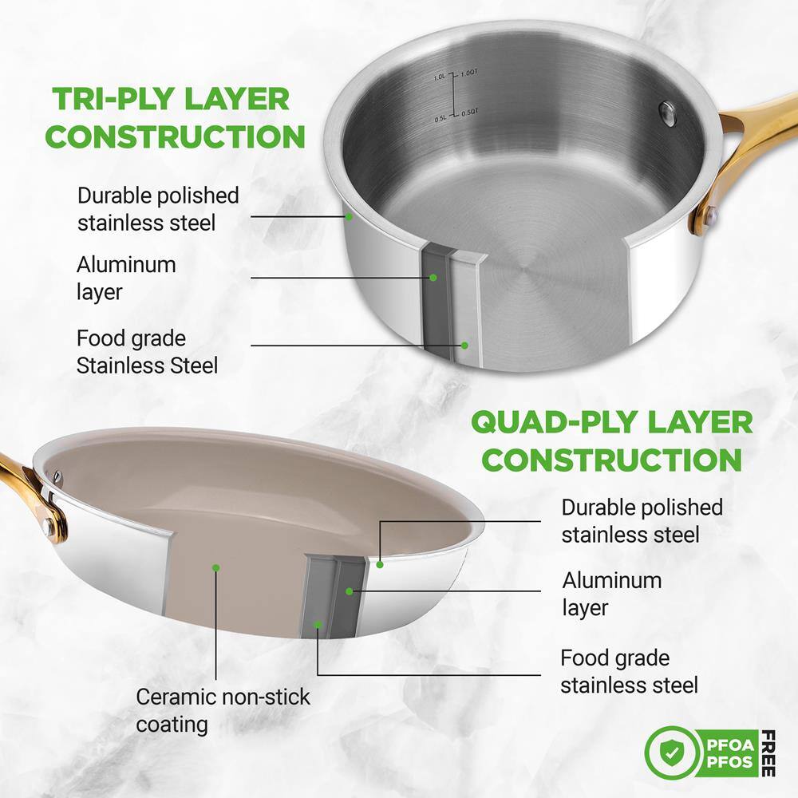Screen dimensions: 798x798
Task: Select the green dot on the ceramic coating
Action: click(215, 567)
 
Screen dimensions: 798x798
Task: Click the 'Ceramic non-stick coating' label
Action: click(223, 710)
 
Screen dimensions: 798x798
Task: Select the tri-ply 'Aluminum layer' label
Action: click(126, 278)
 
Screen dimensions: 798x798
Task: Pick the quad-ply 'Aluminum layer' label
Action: click(612, 594)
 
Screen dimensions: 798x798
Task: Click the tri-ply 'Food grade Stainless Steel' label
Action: click(147, 352)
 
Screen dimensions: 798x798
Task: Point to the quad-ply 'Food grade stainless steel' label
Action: click(629, 671)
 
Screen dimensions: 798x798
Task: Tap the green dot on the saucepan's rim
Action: click(350, 215)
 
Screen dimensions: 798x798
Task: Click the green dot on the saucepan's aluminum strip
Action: click(433, 278)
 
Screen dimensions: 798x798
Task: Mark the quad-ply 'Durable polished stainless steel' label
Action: click(642, 520)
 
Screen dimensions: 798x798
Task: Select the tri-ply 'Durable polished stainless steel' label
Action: click(158, 208)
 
